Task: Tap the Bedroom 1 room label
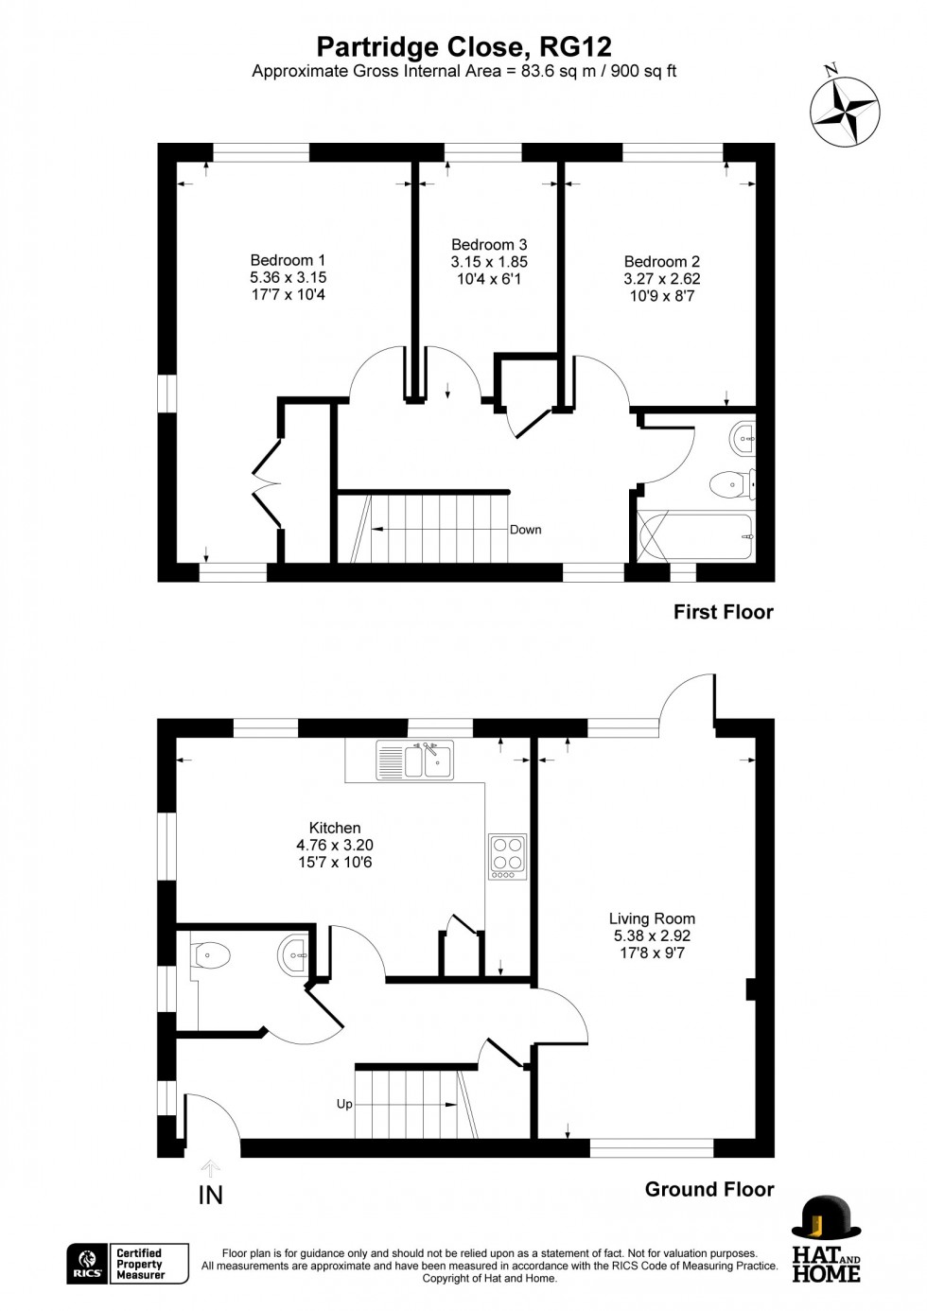pyautogui.click(x=288, y=260)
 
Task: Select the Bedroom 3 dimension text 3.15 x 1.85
pyautogui.click(x=489, y=262)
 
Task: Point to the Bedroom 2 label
pyautogui.click(x=661, y=262)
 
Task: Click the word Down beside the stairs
pyautogui.click(x=525, y=530)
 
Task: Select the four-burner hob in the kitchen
pyautogui.click(x=507, y=856)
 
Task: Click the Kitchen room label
pyautogui.click(x=335, y=828)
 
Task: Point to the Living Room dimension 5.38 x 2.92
pyautogui.click(x=652, y=935)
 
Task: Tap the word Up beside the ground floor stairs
pyautogui.click(x=344, y=1104)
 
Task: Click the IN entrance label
pyautogui.click(x=210, y=1196)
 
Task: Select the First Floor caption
pyautogui.click(x=723, y=612)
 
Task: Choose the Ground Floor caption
pyautogui.click(x=708, y=1189)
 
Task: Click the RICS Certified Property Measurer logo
pyautogui.click(x=128, y=1264)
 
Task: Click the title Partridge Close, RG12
pyautogui.click(x=463, y=46)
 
